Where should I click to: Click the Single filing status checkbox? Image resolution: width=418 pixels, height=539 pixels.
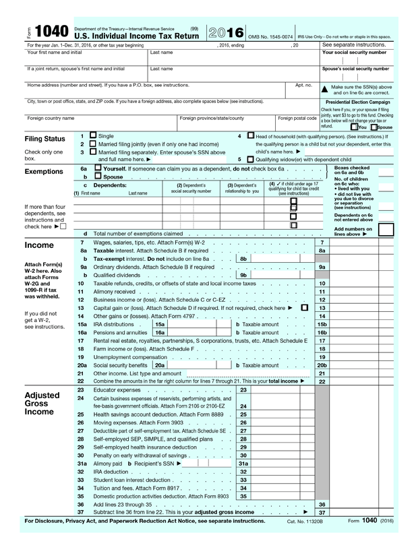[x=92, y=135]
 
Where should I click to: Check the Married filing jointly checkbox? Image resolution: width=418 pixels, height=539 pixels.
[x=92, y=144]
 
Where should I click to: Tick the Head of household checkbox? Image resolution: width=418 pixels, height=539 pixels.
[x=251, y=135]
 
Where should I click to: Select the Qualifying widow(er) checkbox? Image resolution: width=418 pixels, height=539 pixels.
[x=251, y=159]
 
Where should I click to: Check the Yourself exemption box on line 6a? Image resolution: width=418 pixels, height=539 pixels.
[x=98, y=168]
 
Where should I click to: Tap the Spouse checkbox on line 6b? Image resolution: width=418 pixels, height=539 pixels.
[x=98, y=176]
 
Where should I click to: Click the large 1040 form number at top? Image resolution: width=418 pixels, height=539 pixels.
[x=50, y=32]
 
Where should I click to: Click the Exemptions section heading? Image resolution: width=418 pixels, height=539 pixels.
[x=43, y=172]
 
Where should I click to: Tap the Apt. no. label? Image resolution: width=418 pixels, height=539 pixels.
[x=303, y=85]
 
